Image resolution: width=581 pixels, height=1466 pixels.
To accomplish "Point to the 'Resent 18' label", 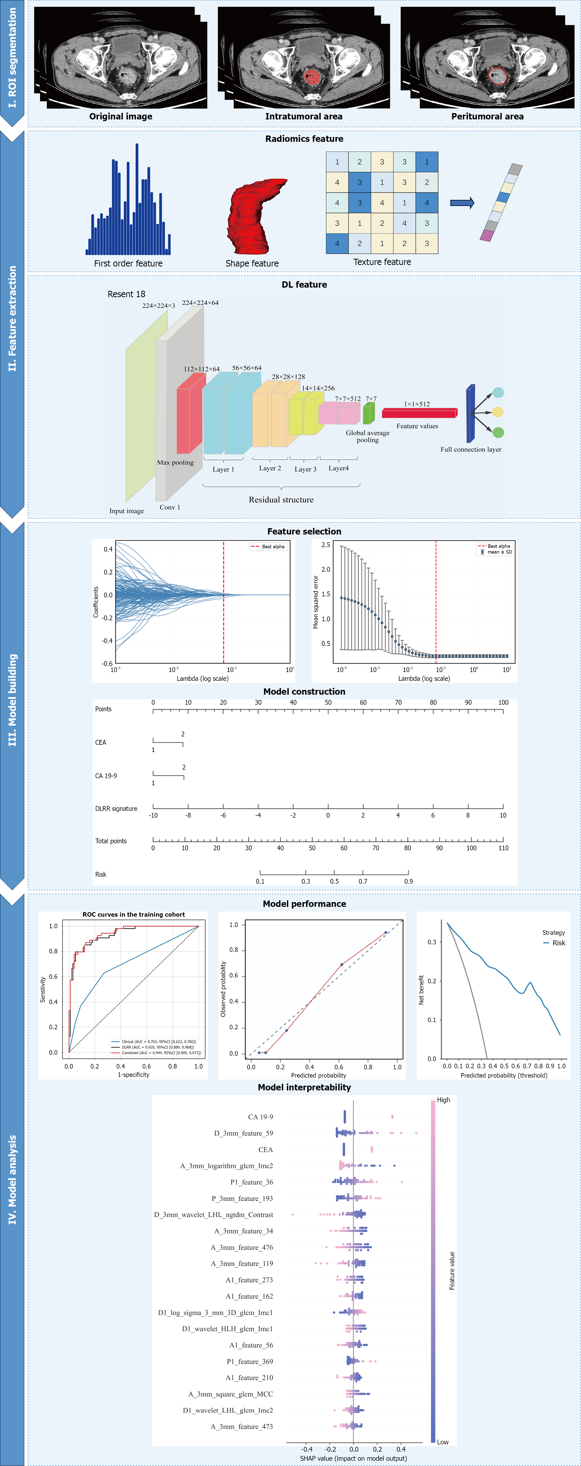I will [x=126, y=294].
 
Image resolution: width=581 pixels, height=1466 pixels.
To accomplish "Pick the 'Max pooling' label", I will [x=175, y=463].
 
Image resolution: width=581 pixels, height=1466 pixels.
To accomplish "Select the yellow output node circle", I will [x=498, y=412].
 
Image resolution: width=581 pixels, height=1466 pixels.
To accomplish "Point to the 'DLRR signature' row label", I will [x=116, y=809].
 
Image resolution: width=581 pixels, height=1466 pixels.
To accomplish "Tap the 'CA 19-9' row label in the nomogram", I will [x=106, y=776].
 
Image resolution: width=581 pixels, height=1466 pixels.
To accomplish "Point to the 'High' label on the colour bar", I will [x=443, y=1100].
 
